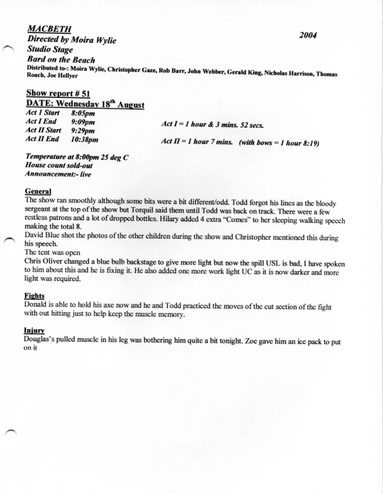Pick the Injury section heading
[x=33, y=330]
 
